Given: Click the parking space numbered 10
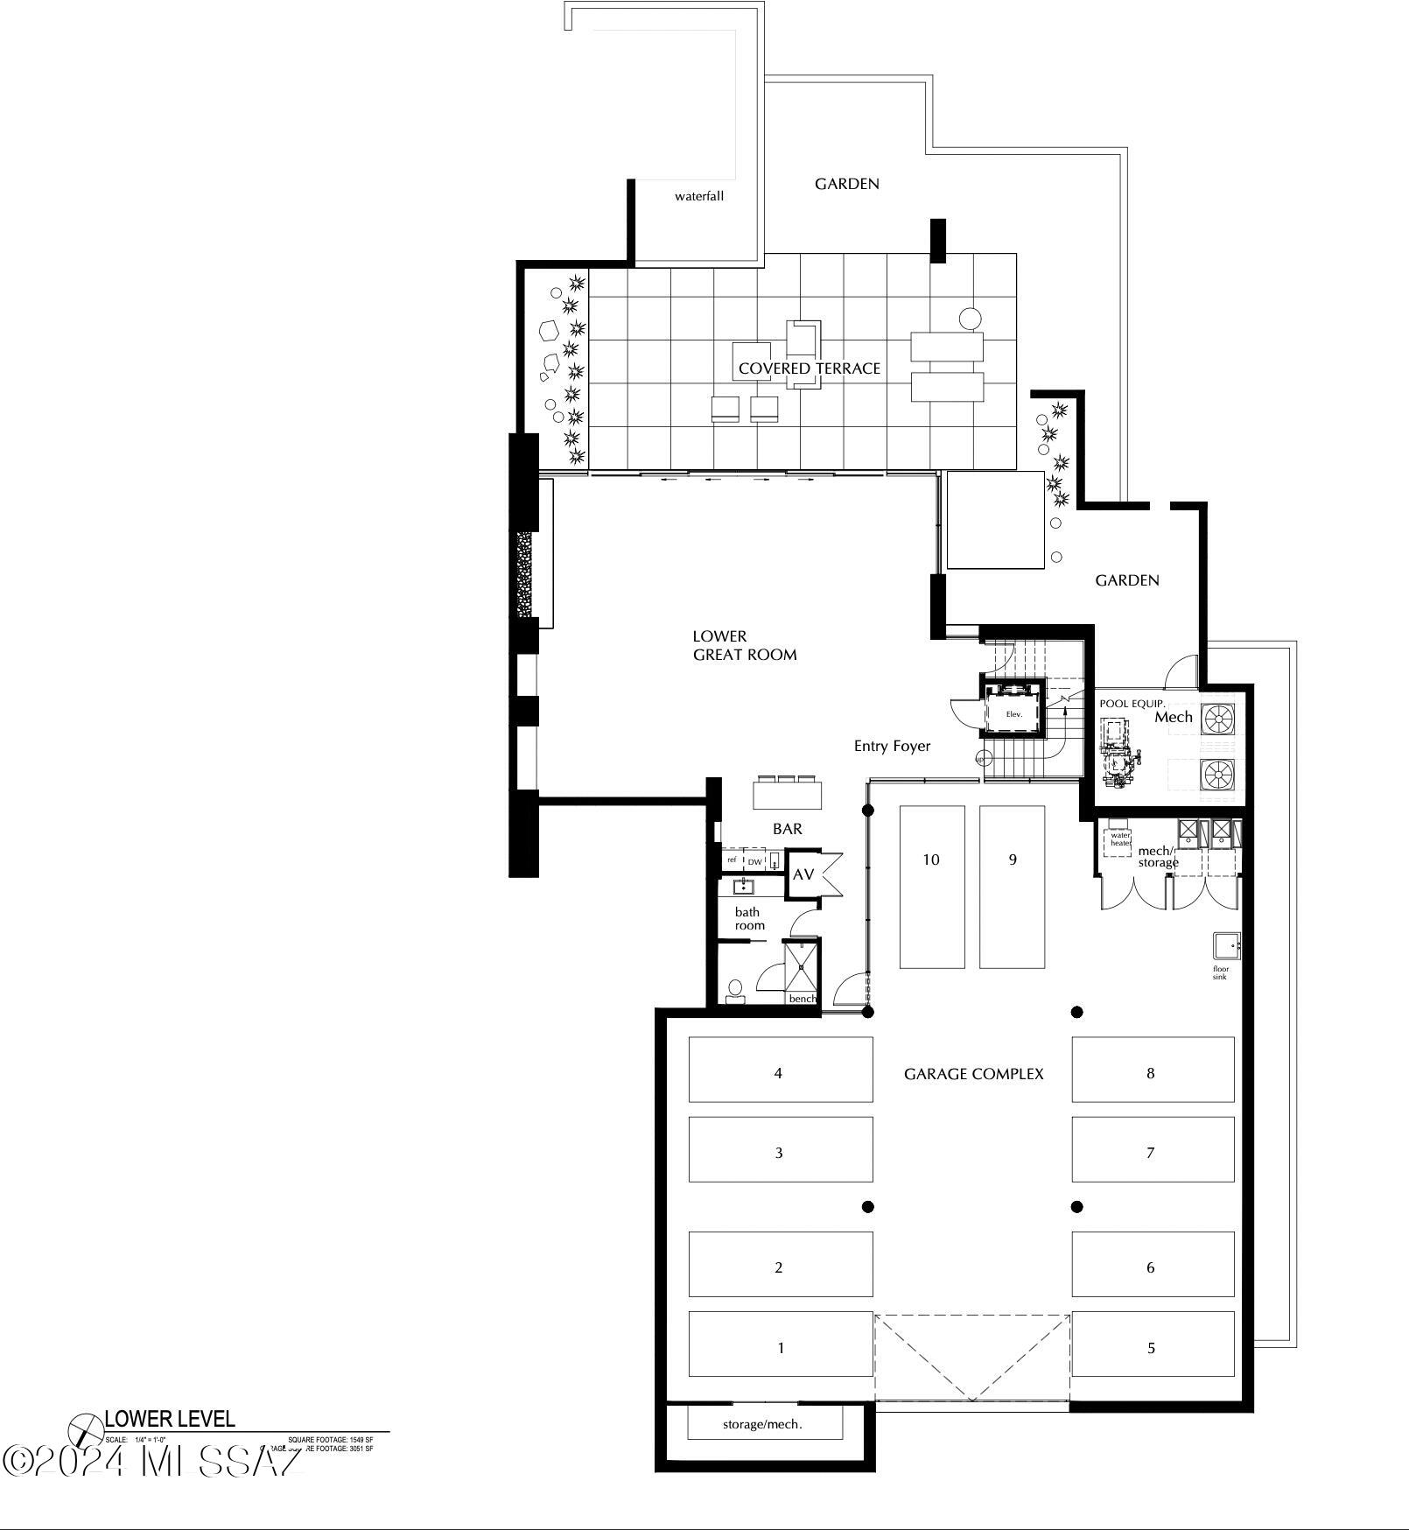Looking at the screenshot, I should pyautogui.click(x=931, y=886).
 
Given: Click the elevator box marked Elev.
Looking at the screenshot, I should pyautogui.click(x=1013, y=713).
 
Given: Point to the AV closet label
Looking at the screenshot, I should pyautogui.click(x=803, y=874).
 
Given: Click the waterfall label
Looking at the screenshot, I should pyautogui.click(x=698, y=196).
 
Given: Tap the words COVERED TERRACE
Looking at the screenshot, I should pyautogui.click(x=809, y=368).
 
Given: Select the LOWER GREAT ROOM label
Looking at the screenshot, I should pyautogui.click(x=744, y=645).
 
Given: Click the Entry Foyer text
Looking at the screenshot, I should pyautogui.click(x=892, y=746).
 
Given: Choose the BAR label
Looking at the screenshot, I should pyautogui.click(x=787, y=828).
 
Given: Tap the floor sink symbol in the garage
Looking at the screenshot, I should pyautogui.click(x=1225, y=945).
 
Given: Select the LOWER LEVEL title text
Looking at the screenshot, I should pyautogui.click(x=170, y=1419).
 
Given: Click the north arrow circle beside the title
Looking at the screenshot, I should pyautogui.click(x=85, y=1430).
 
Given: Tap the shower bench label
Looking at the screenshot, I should pyautogui.click(x=802, y=999).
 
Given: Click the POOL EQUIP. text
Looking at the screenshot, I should pyautogui.click(x=1132, y=704).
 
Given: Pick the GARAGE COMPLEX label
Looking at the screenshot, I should pyautogui.click(x=973, y=1074).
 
